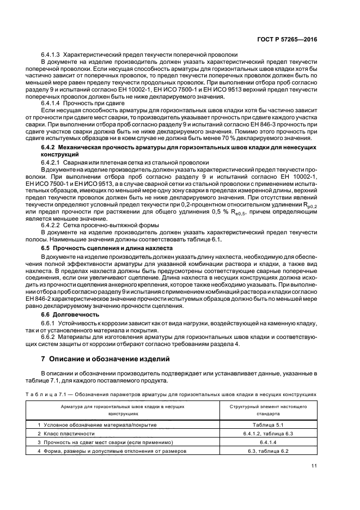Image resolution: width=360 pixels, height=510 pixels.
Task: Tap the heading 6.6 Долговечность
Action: [70, 314]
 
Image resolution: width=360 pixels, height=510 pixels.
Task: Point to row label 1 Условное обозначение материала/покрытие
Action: [97, 424]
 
